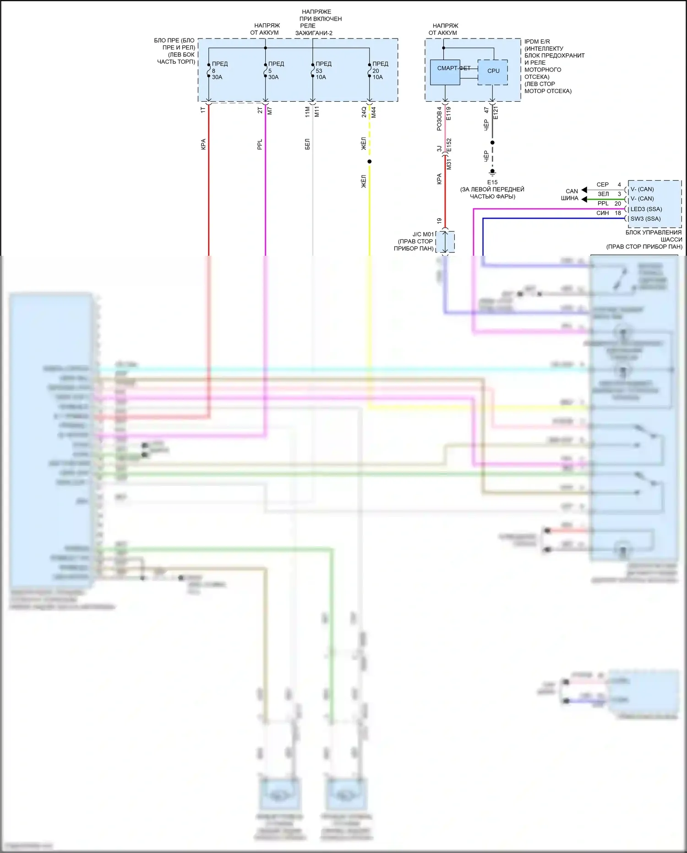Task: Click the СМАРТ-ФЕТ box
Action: tap(445, 72)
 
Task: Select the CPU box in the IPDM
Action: tap(493, 72)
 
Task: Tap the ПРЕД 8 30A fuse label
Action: tap(219, 71)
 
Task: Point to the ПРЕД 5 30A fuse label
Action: tap(275, 71)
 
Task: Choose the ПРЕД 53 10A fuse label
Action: tap(322, 71)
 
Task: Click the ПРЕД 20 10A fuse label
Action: tap(379, 71)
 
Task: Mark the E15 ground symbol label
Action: tap(492, 182)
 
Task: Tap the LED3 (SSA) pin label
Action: tap(646, 209)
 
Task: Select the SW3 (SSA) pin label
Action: tap(645, 219)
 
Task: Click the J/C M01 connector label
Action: tap(423, 234)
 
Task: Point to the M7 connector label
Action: tap(270, 111)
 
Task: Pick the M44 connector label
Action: tap(374, 112)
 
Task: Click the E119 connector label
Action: tap(448, 113)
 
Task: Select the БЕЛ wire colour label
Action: tap(307, 144)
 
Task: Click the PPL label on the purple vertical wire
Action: tap(260, 144)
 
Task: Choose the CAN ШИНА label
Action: tap(570, 195)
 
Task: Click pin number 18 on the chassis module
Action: tap(618, 213)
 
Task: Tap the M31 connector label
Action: tap(449, 164)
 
